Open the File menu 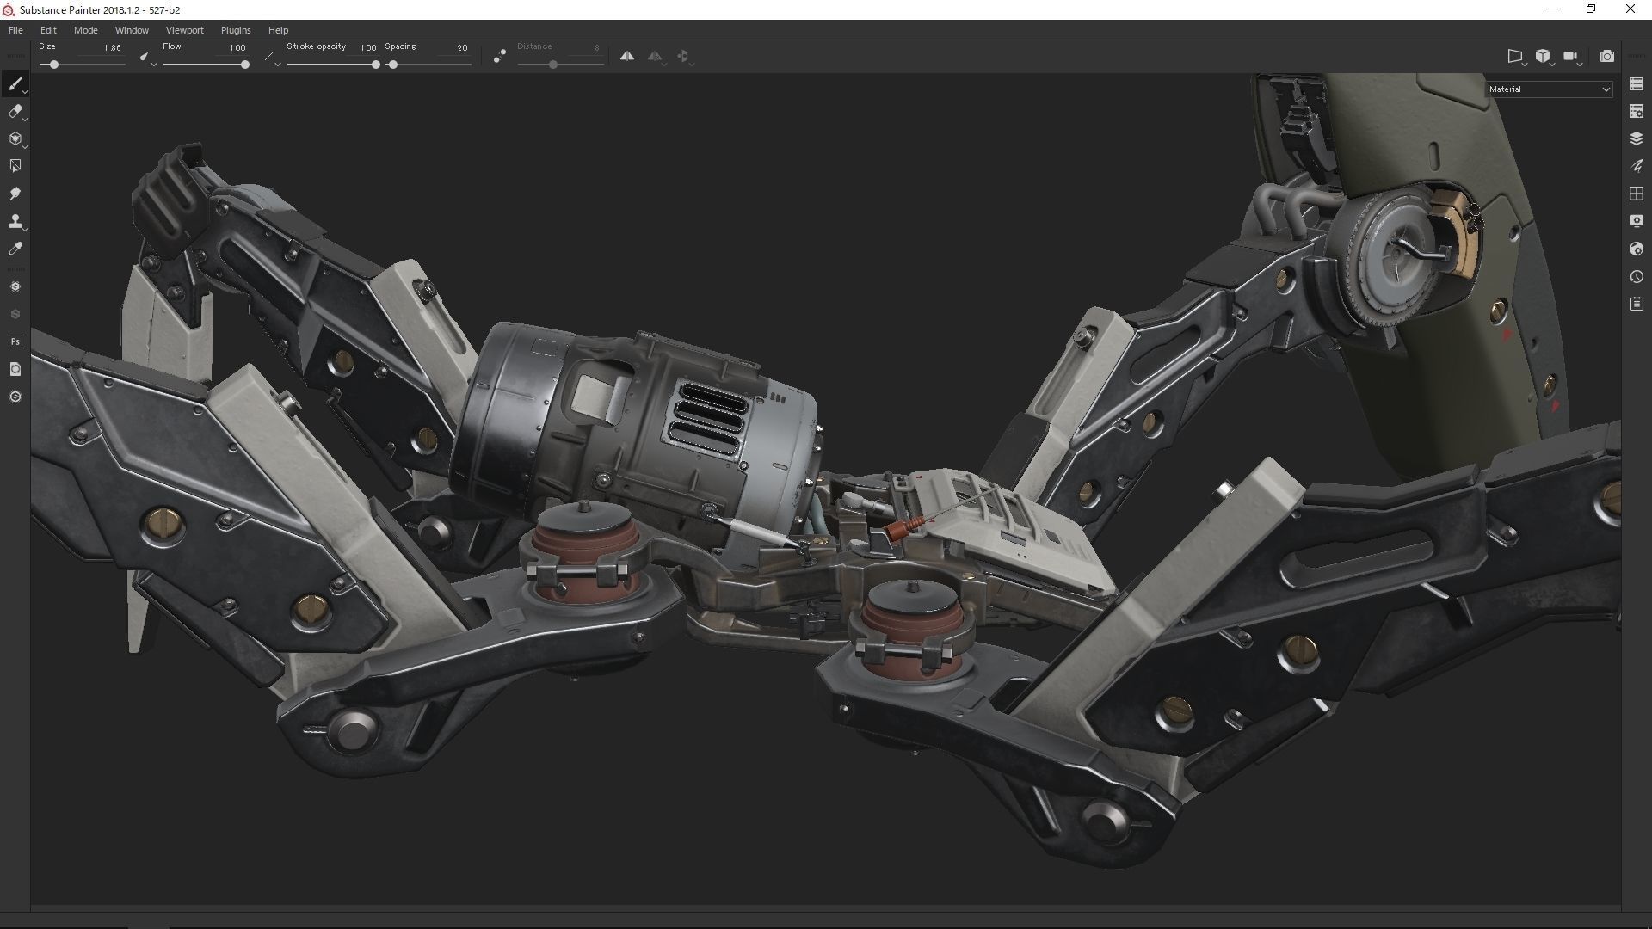pyautogui.click(x=15, y=30)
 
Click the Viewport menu pyautogui.click(x=184, y=30)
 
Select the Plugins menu pyautogui.click(x=236, y=30)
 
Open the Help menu pyautogui.click(x=278, y=30)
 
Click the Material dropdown pyautogui.click(x=1549, y=89)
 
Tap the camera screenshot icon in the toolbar pyautogui.click(x=1606, y=57)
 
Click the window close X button pyautogui.click(x=1630, y=9)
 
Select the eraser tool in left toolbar pyautogui.click(x=15, y=112)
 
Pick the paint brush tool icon pyautogui.click(x=15, y=83)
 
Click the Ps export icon pyautogui.click(x=15, y=342)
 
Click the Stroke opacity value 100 pyautogui.click(x=367, y=48)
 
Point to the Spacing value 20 pyautogui.click(x=462, y=48)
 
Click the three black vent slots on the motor pyautogui.click(x=709, y=419)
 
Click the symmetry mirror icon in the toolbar pyautogui.click(x=627, y=57)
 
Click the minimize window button pyautogui.click(x=1552, y=9)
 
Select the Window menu pyautogui.click(x=132, y=30)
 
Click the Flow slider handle pyautogui.click(x=245, y=65)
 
